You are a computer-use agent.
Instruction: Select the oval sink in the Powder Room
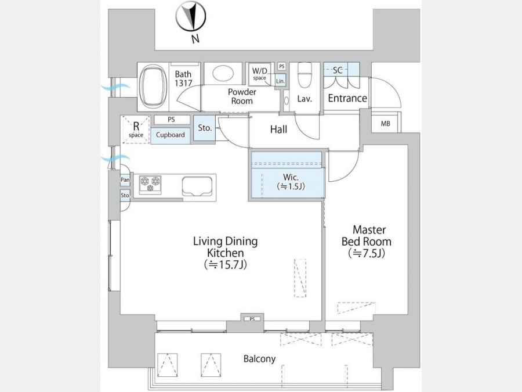point(223,73)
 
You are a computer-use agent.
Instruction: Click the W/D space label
point(260,74)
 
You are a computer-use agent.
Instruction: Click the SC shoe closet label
point(338,70)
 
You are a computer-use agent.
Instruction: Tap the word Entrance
point(347,98)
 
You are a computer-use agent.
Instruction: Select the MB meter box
point(386,124)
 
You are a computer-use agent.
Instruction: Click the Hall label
point(278,130)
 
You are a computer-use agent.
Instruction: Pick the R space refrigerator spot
point(136,130)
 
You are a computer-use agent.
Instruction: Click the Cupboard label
point(171,135)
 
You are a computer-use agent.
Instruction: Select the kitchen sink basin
point(197,186)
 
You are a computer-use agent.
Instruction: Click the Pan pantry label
point(125,180)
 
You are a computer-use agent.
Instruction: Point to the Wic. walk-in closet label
point(291,177)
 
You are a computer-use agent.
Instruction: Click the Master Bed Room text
point(367,236)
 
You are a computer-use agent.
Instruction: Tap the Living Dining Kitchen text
point(226,247)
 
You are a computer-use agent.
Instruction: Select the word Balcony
point(260,359)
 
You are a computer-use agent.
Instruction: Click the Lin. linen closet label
point(280,81)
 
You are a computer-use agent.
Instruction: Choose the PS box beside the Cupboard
point(172,119)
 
